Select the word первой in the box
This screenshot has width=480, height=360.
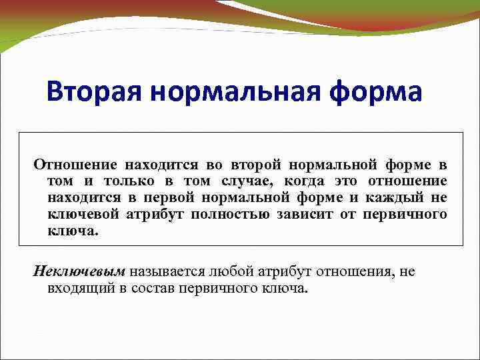tap(179, 198)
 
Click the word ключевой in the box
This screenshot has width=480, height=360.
tap(83, 215)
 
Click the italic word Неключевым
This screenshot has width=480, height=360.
tap(79, 272)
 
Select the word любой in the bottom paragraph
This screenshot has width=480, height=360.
tap(230, 272)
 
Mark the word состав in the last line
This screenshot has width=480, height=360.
tap(154, 289)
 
